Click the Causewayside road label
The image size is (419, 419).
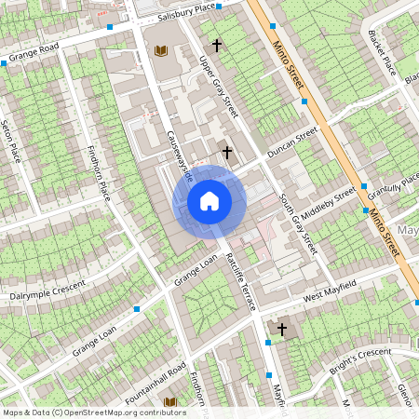[x=178, y=155]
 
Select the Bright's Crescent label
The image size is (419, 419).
[x=358, y=358]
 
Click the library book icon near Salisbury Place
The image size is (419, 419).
[x=161, y=49]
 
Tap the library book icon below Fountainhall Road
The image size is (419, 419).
[x=169, y=402]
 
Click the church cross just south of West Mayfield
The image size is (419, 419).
[x=282, y=329]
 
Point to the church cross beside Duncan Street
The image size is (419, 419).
[x=225, y=151]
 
